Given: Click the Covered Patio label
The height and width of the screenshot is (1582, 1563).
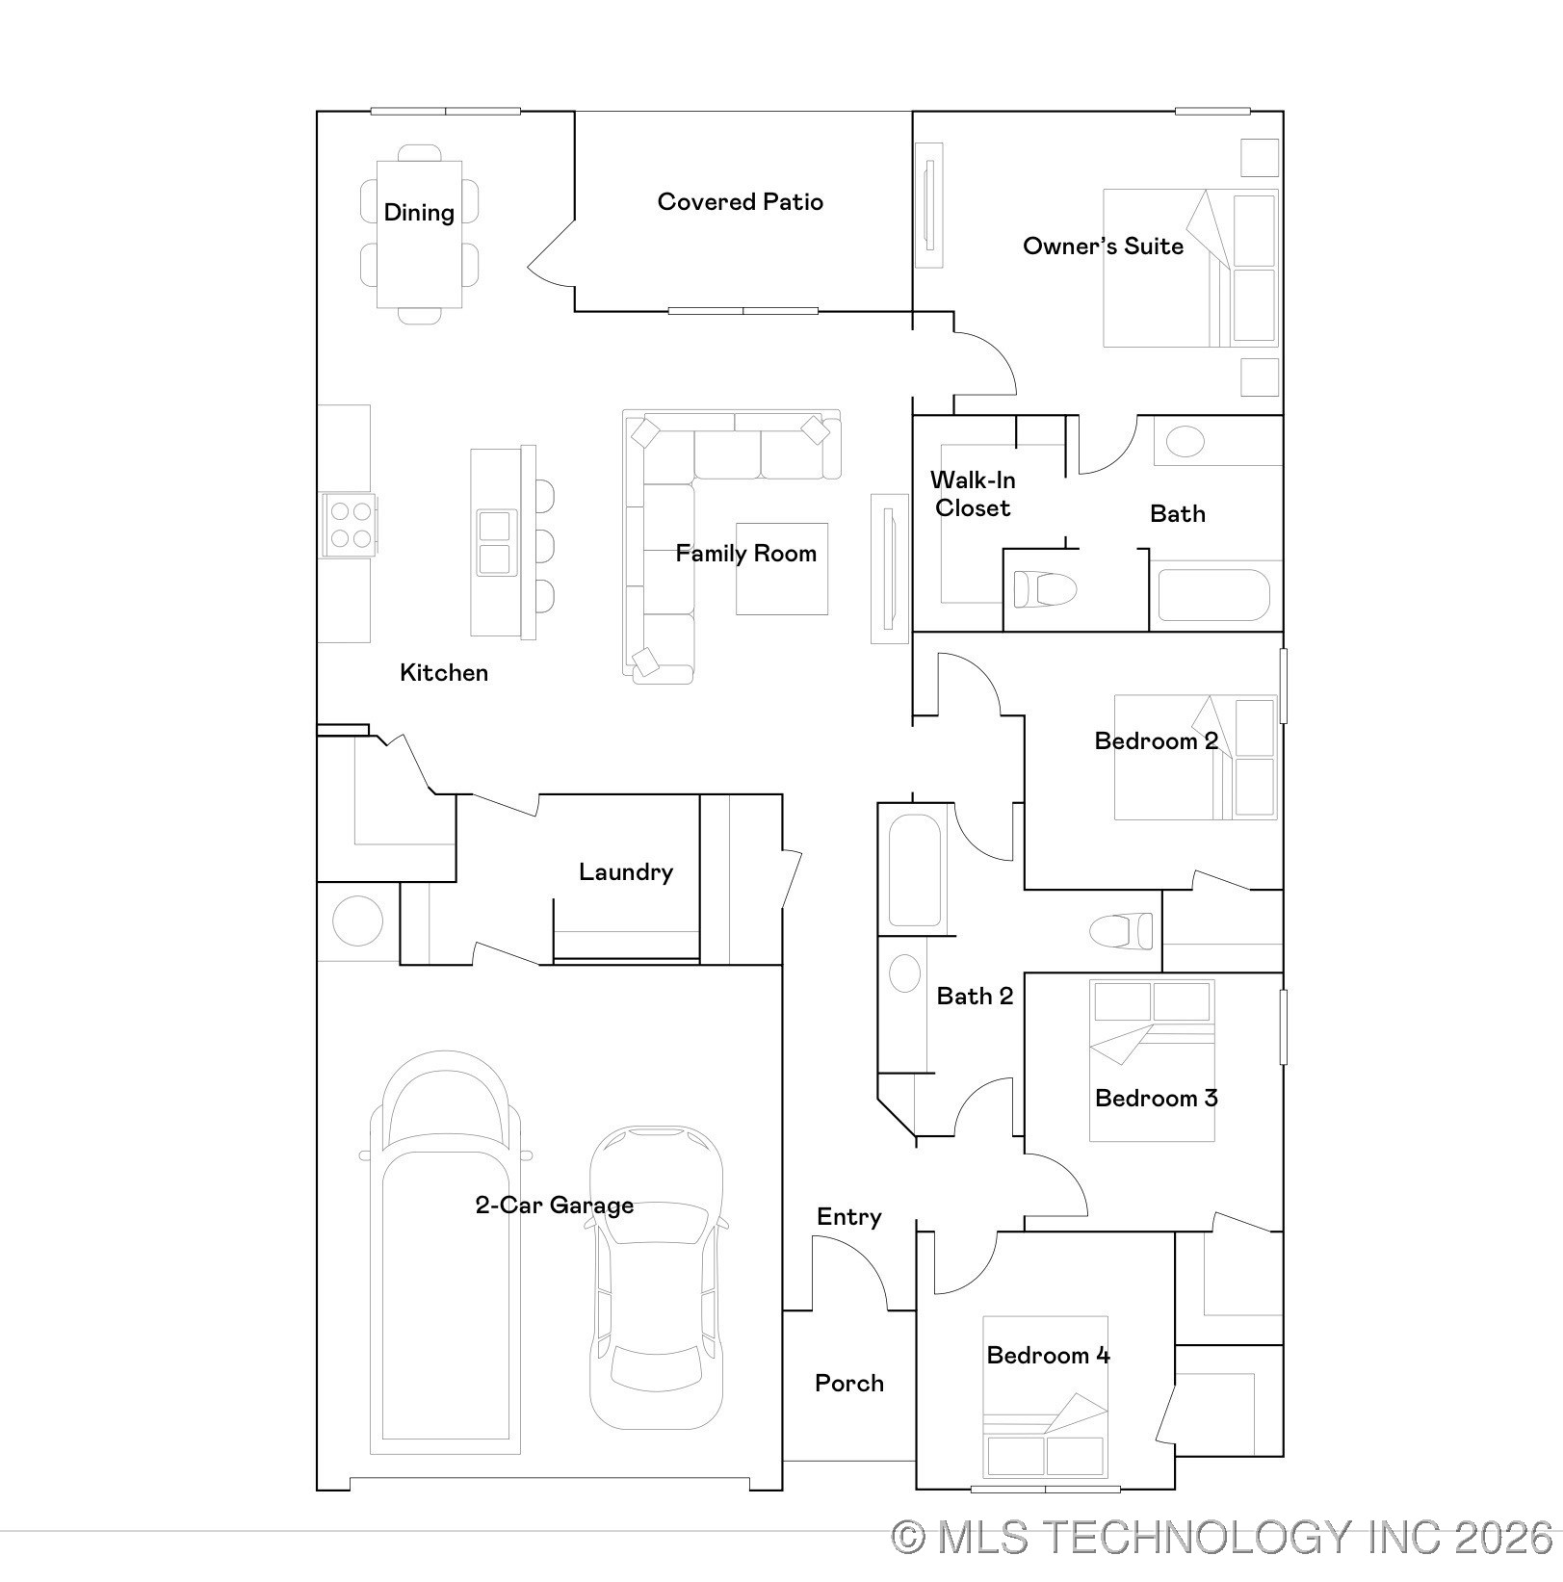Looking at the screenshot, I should pyautogui.click(x=740, y=202).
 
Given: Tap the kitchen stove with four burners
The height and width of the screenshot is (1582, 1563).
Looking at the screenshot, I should pyautogui.click(x=349, y=526).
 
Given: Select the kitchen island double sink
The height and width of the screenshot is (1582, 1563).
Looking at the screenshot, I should pyautogui.click(x=494, y=543).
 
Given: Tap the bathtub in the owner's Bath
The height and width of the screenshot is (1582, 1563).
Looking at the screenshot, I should pyautogui.click(x=1213, y=595).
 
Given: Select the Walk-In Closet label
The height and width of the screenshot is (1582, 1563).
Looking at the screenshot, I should pyautogui.click(x=973, y=494).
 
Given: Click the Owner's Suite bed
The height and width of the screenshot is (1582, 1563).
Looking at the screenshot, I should pyautogui.click(x=1189, y=269).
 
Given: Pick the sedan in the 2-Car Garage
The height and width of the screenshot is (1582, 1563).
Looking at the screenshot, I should pyautogui.click(x=657, y=1276).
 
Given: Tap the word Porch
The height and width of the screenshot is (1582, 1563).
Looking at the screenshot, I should pyautogui.click(x=848, y=1384).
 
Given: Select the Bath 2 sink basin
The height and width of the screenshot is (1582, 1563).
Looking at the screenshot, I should pyautogui.click(x=904, y=973).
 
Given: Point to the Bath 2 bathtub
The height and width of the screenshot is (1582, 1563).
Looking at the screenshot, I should pyautogui.click(x=914, y=870).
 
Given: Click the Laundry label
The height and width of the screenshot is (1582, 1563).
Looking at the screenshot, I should pyautogui.click(x=625, y=872).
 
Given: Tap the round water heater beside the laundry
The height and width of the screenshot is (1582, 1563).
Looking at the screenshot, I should pyautogui.click(x=357, y=921).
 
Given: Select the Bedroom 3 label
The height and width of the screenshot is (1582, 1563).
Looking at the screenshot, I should pyautogui.click(x=1156, y=1099).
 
